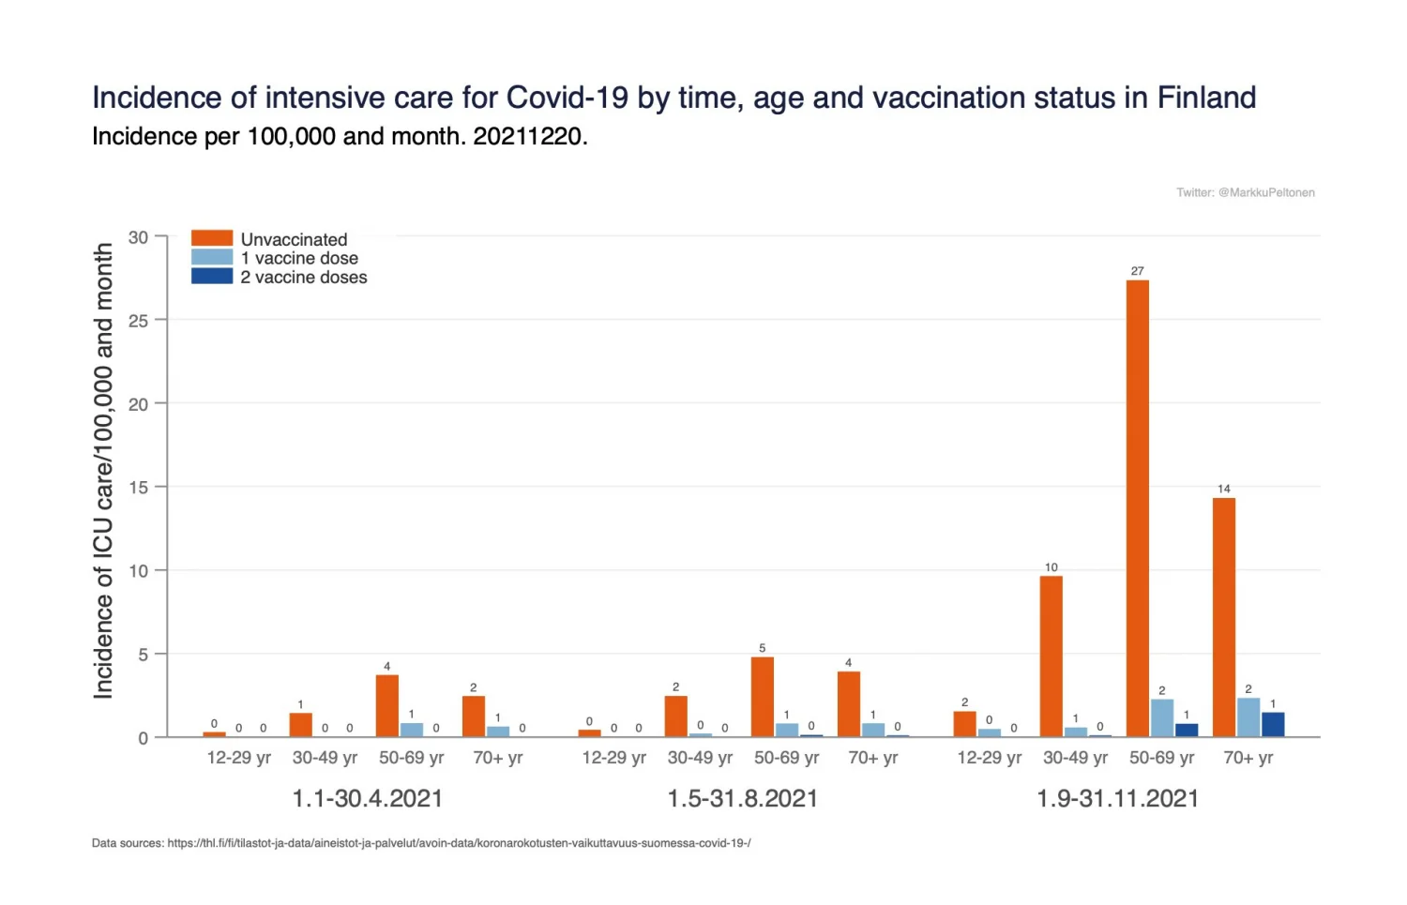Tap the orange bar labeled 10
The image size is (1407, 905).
1051,656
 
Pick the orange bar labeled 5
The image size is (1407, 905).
762,697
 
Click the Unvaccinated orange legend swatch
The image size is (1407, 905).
212,238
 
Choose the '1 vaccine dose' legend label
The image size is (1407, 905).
299,258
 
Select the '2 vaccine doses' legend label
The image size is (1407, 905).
304,278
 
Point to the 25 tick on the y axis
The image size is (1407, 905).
139,321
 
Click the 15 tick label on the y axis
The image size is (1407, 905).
139,488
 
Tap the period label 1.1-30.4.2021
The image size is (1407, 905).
367,799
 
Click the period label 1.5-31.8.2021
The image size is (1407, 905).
742,799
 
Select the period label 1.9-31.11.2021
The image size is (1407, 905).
1117,799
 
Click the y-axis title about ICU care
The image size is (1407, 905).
103,471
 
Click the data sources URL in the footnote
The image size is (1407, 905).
459,843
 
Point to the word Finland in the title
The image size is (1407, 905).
1206,98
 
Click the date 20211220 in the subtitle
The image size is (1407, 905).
528,137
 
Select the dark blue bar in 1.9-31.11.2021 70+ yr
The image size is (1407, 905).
1273,724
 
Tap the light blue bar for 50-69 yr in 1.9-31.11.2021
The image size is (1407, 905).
1162,717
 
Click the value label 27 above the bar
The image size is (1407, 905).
1137,271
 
